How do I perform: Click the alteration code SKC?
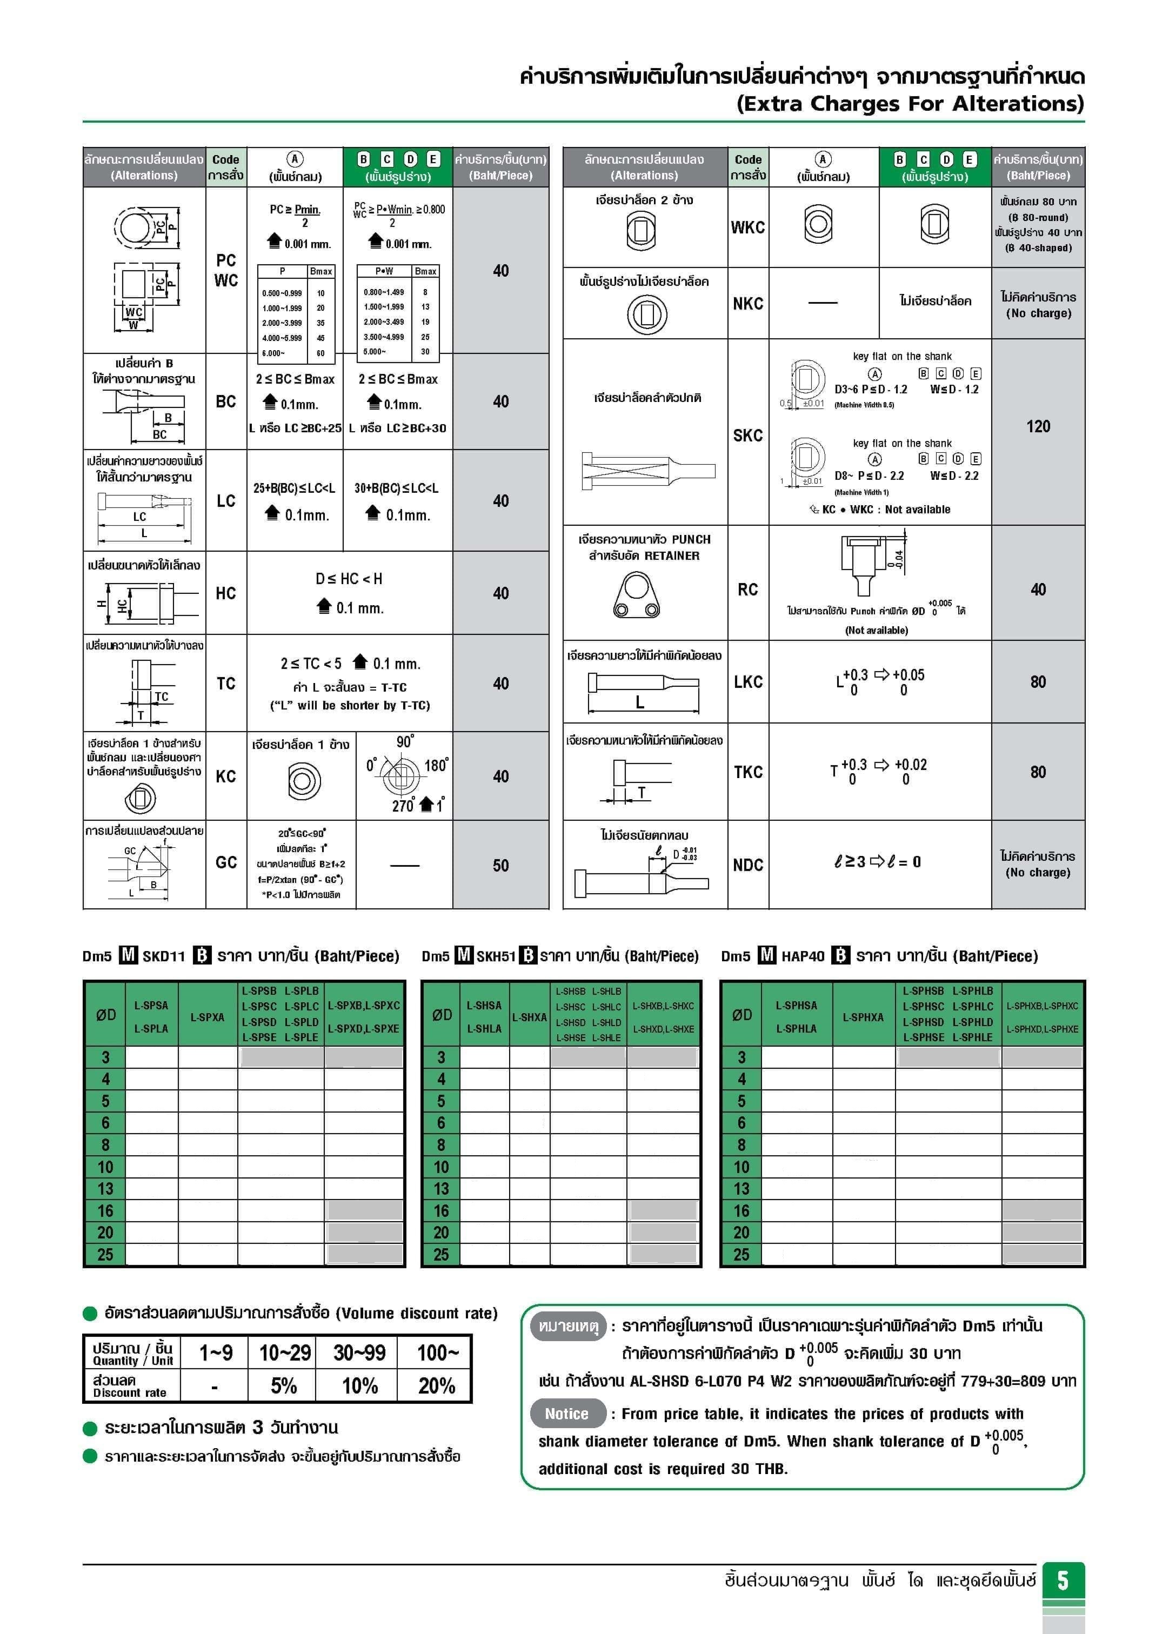(747, 436)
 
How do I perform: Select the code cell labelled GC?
(226, 862)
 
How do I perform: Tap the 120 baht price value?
(1037, 426)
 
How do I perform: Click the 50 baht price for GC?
(500, 866)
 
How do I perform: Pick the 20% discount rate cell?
(436, 1385)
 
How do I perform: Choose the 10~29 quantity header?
(285, 1352)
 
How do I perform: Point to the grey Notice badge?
(567, 1414)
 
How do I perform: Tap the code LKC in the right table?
(747, 682)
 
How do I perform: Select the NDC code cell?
(747, 866)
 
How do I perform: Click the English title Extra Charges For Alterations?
(910, 104)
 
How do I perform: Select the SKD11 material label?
(163, 956)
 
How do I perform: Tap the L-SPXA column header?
(207, 1017)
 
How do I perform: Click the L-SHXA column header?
(529, 1017)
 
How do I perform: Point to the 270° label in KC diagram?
(403, 805)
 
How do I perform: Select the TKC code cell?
(747, 772)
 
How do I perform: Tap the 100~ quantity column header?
(436, 1352)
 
